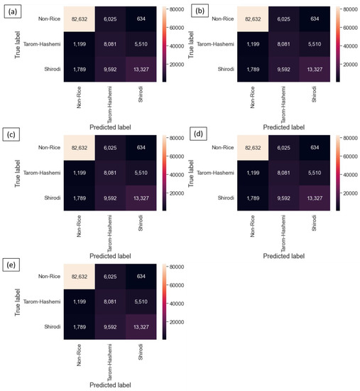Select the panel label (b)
coord(193,9)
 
